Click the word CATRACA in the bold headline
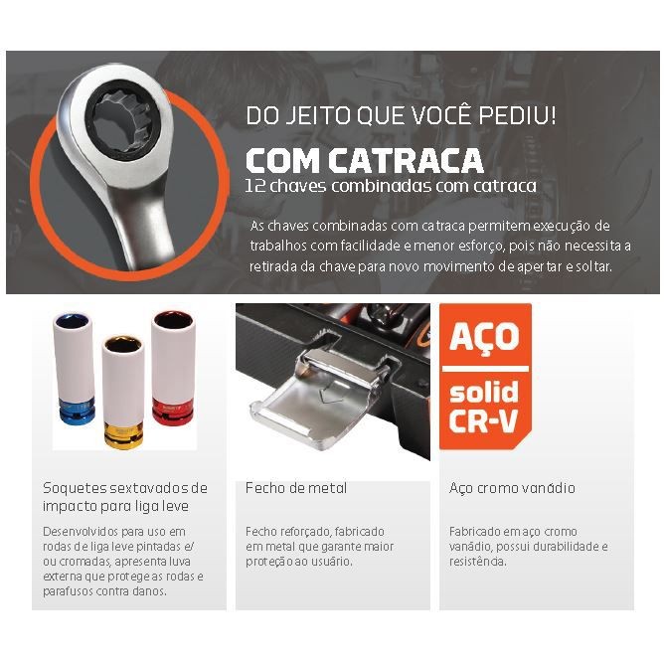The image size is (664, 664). click(406, 160)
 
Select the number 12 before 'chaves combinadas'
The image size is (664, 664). click(255, 186)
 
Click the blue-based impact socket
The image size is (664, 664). click(75, 368)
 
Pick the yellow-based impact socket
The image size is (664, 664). click(123, 392)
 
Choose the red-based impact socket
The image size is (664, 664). click(173, 368)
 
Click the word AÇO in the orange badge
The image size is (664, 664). click(484, 337)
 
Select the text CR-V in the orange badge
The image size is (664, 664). click(483, 420)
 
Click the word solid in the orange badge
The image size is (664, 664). click(484, 391)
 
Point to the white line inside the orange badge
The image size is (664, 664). click(485, 369)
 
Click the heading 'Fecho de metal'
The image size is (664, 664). click(296, 488)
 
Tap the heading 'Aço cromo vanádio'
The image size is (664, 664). click(512, 488)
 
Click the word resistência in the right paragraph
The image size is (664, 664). click(477, 562)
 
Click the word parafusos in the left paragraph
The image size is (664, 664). click(68, 591)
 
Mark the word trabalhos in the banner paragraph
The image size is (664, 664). click(278, 246)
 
